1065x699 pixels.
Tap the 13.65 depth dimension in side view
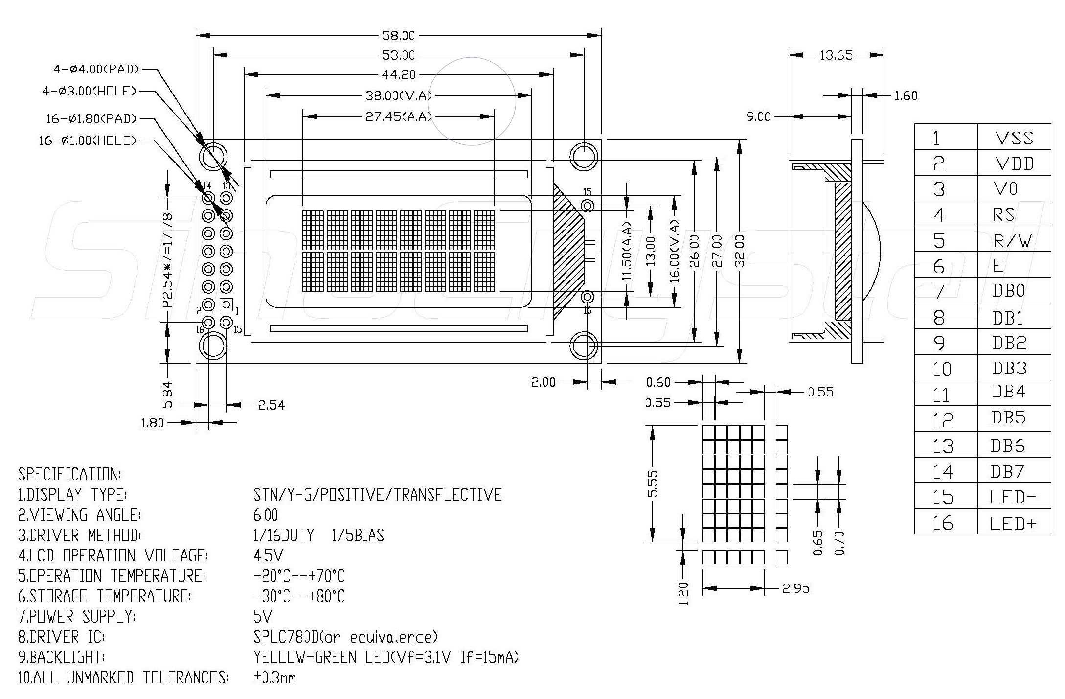click(x=836, y=55)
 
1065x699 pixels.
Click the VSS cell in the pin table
click(x=1014, y=138)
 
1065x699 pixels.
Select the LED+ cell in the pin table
click(x=1013, y=524)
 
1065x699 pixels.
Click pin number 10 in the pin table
click(x=942, y=369)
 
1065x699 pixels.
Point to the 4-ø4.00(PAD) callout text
click(x=96, y=70)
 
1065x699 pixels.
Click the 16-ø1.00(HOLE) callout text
click(x=87, y=141)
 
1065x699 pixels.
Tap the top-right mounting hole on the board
click(x=584, y=157)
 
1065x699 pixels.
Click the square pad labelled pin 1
click(x=226, y=305)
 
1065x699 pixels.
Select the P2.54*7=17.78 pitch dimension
click(x=168, y=259)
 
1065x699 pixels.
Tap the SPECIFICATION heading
click(x=69, y=474)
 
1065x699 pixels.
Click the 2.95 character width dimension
click(x=795, y=588)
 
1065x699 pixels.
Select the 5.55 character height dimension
click(x=653, y=484)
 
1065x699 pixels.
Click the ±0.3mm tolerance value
click(x=274, y=678)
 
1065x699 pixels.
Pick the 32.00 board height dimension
click(x=740, y=251)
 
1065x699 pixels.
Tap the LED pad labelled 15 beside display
click(x=588, y=205)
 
